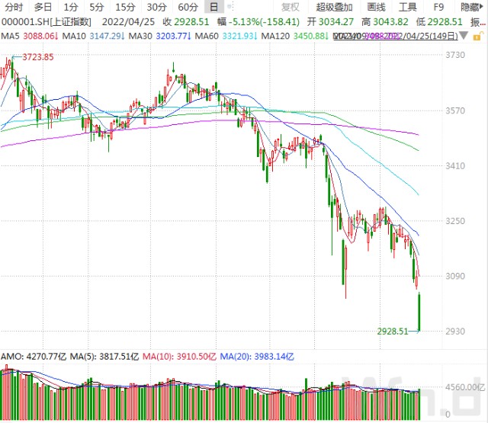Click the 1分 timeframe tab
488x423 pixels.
71,7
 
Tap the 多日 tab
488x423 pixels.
42,7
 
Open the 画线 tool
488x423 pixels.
377,7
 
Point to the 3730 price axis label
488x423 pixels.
455,56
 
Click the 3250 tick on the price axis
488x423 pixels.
455,221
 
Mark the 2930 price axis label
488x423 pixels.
455,332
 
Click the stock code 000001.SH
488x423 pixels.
23,22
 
